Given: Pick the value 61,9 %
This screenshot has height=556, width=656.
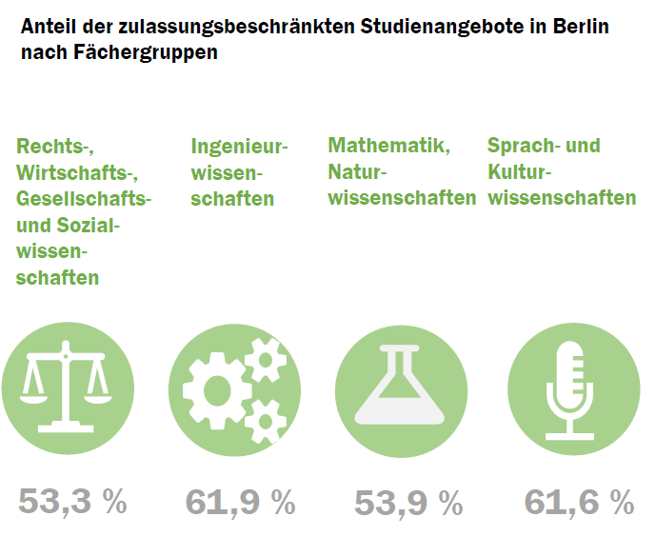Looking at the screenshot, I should [240, 502].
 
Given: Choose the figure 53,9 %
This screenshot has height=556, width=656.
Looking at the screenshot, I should [408, 502].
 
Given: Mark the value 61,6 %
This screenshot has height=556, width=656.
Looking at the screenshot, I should [579, 502].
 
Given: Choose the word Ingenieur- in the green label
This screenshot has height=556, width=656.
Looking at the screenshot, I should [239, 147].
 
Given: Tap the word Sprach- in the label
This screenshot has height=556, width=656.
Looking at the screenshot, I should [520, 146].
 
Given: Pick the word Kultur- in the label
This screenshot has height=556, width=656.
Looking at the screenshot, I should [520, 172].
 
